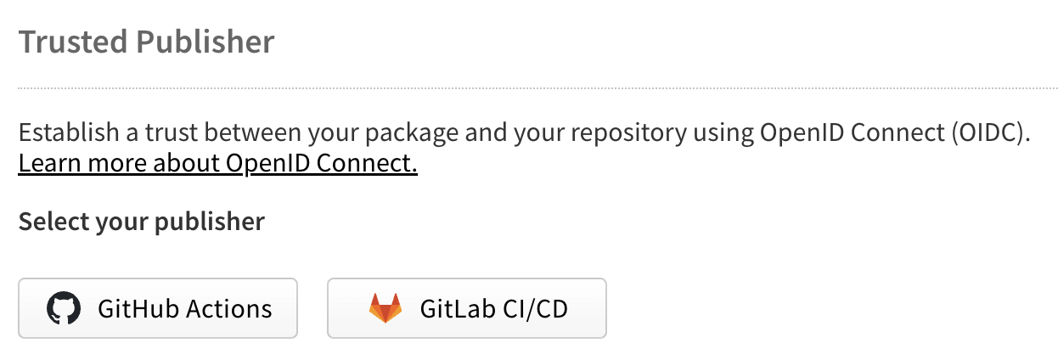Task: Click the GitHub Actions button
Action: (158, 308)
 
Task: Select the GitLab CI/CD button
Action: (467, 308)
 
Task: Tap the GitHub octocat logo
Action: (64, 308)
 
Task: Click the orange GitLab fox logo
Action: (385, 308)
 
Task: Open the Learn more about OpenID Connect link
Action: (217, 164)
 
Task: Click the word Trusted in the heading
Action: (73, 42)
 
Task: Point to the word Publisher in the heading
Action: (205, 42)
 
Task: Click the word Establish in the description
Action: (69, 132)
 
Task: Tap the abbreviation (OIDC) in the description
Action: (990, 132)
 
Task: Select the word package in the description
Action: (412, 133)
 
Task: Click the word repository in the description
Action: (629, 133)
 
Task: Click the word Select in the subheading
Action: (53, 221)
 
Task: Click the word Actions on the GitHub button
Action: (229, 309)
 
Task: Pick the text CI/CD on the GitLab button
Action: (535, 309)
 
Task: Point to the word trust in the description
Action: (171, 132)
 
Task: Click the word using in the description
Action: (723, 133)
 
